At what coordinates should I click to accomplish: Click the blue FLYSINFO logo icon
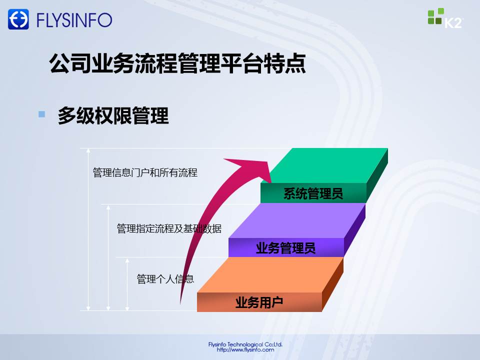point(18,19)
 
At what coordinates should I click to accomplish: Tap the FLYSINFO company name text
point(74,20)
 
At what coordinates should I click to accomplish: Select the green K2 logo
point(445,18)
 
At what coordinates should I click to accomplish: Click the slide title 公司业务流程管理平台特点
point(177,63)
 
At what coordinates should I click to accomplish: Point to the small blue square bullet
point(41,114)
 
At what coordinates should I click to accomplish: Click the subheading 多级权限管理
point(113,115)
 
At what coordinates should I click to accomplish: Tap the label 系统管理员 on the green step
point(313,193)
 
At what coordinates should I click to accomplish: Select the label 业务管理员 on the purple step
point(285,248)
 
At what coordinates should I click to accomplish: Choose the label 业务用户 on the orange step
point(259,302)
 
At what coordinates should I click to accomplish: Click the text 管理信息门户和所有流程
point(145,172)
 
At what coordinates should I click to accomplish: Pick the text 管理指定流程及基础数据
point(169,228)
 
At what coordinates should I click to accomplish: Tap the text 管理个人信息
point(165,279)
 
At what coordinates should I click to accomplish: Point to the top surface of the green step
point(324,165)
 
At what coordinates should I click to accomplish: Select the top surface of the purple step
point(297,220)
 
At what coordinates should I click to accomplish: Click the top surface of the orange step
point(270,275)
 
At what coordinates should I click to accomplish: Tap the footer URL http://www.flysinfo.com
point(245,349)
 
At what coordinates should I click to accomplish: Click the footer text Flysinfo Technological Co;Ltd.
point(245,344)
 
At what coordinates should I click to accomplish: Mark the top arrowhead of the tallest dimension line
point(88,150)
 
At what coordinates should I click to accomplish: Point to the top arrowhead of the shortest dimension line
point(127,261)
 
